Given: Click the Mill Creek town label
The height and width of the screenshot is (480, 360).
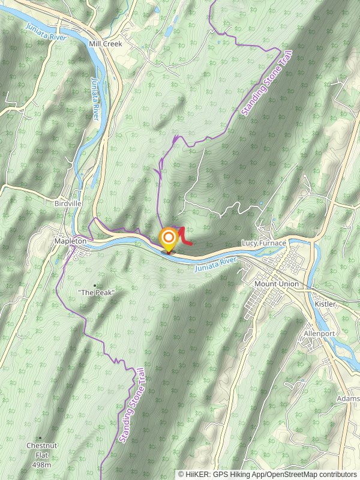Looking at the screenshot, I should point(105,44).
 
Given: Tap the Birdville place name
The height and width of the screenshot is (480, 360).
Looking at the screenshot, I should point(67,203).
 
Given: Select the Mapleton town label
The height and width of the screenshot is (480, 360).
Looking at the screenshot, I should point(70,241).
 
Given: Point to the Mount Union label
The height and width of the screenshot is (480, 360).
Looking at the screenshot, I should point(276,284).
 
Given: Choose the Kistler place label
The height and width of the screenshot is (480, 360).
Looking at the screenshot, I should point(325,304).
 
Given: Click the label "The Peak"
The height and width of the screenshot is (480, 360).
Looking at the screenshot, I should point(96,292).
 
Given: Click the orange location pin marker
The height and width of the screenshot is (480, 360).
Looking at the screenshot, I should point(169,240).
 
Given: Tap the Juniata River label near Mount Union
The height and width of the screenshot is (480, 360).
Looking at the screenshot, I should point(216,263).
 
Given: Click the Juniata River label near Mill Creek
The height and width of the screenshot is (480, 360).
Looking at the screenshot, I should point(45,32).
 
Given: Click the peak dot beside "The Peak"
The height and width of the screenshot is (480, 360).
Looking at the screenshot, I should point(95,284).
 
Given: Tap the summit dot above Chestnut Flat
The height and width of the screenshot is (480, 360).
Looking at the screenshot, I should point(40,438).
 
